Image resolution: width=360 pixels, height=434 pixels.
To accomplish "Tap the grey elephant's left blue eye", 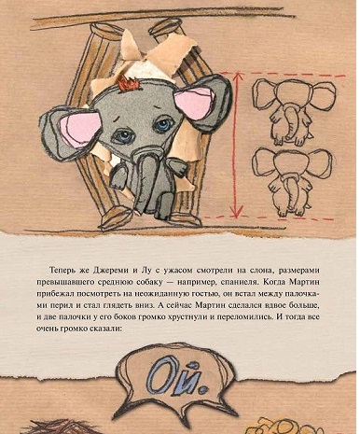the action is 125,136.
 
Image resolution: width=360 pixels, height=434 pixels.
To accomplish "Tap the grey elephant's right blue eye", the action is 163,125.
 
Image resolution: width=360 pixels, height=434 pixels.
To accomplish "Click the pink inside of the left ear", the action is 80,128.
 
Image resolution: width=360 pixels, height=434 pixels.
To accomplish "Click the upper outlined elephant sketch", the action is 293,111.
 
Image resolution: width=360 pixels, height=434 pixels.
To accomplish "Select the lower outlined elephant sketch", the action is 291,182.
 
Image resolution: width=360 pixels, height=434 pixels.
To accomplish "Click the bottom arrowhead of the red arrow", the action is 237,212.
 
